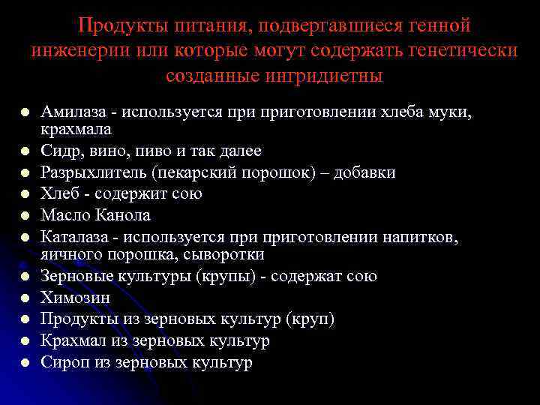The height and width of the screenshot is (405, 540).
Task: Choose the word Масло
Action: tap(64, 215)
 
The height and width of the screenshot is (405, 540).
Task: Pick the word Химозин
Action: tap(75, 298)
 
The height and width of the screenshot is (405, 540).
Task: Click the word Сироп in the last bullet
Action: tap(62, 363)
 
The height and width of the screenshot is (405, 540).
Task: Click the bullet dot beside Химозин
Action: tap(25, 298)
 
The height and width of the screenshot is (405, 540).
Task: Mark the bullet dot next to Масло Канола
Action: tap(25, 216)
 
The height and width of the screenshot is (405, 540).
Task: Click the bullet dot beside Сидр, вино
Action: tap(25, 151)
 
